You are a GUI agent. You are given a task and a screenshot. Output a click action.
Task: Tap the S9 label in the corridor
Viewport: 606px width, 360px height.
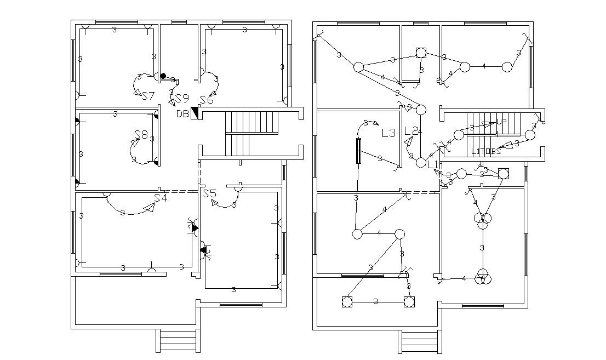[x=182, y=99]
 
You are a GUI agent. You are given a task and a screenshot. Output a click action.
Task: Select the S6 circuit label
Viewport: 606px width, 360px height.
[x=207, y=100]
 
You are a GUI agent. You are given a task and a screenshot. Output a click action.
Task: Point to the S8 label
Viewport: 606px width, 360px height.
[x=141, y=135]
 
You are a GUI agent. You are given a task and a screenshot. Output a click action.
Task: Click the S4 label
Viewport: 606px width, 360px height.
[x=161, y=198]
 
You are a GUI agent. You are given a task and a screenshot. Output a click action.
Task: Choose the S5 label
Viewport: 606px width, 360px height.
[x=210, y=193]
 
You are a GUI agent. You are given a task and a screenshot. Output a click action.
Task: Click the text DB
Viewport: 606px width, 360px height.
[x=182, y=114]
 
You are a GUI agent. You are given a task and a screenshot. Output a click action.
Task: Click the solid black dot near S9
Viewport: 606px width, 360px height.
[x=163, y=76]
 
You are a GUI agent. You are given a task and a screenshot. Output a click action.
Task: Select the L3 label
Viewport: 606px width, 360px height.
[x=388, y=133]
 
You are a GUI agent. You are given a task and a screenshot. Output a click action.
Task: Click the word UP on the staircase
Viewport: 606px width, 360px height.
[x=501, y=122]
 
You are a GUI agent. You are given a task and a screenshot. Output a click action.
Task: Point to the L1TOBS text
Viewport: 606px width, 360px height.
[x=486, y=151]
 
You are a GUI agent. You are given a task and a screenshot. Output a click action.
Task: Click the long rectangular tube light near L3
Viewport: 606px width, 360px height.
[x=359, y=151]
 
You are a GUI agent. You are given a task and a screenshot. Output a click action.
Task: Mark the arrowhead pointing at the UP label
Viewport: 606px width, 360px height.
[x=488, y=124]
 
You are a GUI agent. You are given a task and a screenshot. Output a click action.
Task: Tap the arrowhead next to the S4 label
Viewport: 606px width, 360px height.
[x=148, y=208]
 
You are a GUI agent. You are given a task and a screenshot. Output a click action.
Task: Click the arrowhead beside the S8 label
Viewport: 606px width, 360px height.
[x=134, y=142]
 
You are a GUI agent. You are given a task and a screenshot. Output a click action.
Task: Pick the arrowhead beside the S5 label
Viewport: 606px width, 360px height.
[x=214, y=203]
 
